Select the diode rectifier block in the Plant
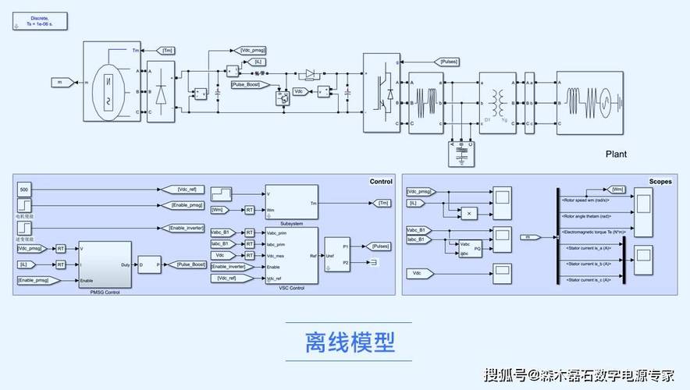[x=162, y=91]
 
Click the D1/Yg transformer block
[x=497, y=102]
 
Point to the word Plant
[x=616, y=154]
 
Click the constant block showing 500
[x=24, y=190]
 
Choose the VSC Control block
[x=291, y=256]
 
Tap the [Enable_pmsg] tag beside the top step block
[x=187, y=205]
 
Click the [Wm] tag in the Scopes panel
[x=617, y=190]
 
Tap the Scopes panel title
[x=660, y=181]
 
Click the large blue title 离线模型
[x=350, y=342]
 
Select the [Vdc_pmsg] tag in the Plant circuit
[x=254, y=50]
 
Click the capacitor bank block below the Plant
[x=462, y=153]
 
